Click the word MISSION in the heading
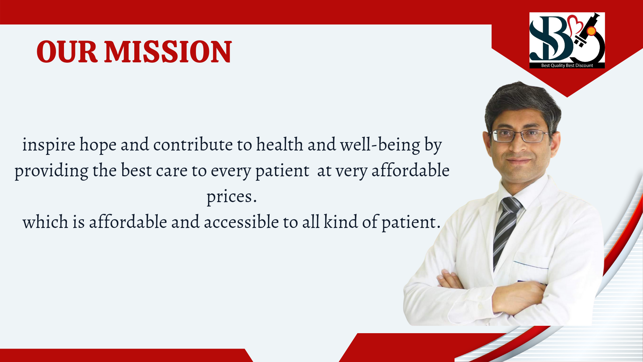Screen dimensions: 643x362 168,52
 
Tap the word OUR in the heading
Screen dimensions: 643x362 67,52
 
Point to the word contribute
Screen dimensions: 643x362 193,144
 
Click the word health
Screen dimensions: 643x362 280,144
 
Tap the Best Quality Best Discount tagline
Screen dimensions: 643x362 567,65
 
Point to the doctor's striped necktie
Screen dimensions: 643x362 506,231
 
